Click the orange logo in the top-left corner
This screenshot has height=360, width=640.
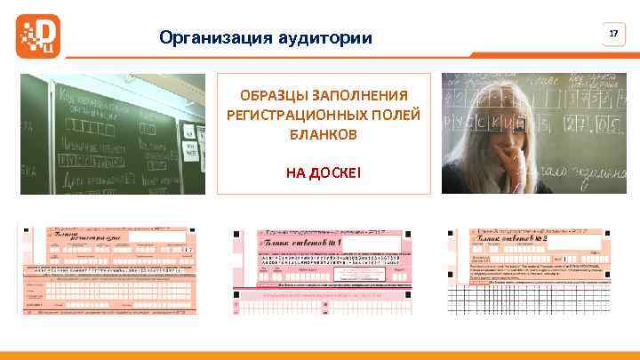(38, 34)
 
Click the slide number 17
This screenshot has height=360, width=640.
(612, 34)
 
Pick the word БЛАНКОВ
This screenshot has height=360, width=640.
(324, 134)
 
